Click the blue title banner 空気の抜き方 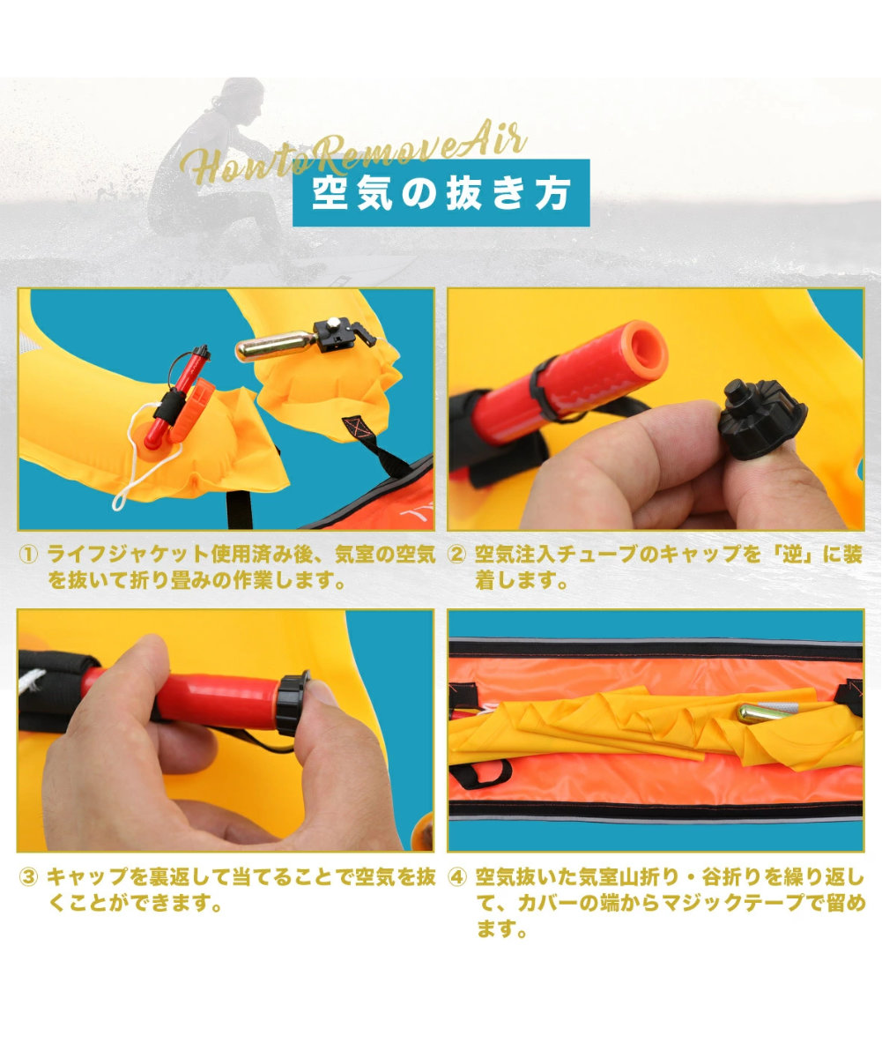(441, 193)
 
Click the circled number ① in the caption (29, 555)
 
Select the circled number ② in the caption (456, 555)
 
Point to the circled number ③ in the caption (29, 877)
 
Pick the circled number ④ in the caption (456, 877)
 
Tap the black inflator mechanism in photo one (339, 335)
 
